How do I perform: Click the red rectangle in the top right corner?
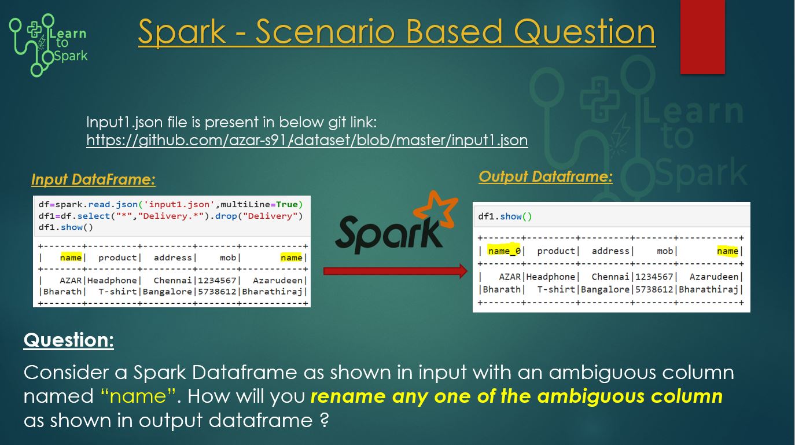coord(702,36)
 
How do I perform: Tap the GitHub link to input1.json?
coord(307,140)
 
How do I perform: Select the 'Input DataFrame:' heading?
coord(93,180)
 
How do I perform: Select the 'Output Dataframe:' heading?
coord(545,176)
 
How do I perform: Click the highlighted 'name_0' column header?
coord(503,251)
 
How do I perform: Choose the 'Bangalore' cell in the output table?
coord(605,289)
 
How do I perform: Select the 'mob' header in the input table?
coord(228,258)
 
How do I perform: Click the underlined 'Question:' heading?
coord(69,340)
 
